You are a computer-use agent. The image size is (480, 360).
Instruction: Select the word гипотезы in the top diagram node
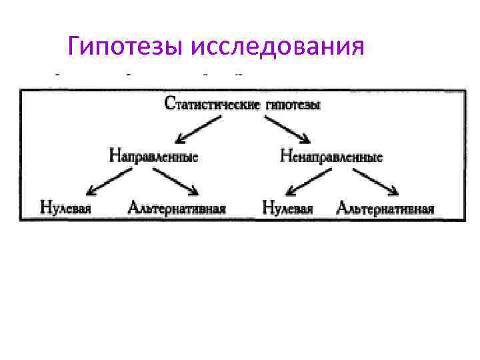[x=291, y=105]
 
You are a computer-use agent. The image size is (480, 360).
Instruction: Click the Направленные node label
[x=153, y=157]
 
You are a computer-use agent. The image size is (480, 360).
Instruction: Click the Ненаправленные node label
[x=331, y=157]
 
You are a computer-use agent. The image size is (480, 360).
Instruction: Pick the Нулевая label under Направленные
[x=65, y=207]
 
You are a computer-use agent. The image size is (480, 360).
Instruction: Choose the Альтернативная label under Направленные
[x=177, y=208]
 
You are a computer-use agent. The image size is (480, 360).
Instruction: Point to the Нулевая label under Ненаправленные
[x=288, y=208]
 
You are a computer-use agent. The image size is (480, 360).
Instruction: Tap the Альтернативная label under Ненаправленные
[x=386, y=208]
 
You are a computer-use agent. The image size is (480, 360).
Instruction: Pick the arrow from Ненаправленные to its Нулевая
[x=308, y=181]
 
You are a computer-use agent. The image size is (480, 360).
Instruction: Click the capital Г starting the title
[x=75, y=47]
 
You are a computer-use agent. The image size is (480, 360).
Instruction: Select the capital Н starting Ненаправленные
[x=285, y=157]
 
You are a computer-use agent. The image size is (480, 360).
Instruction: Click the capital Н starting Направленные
[x=114, y=157]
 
